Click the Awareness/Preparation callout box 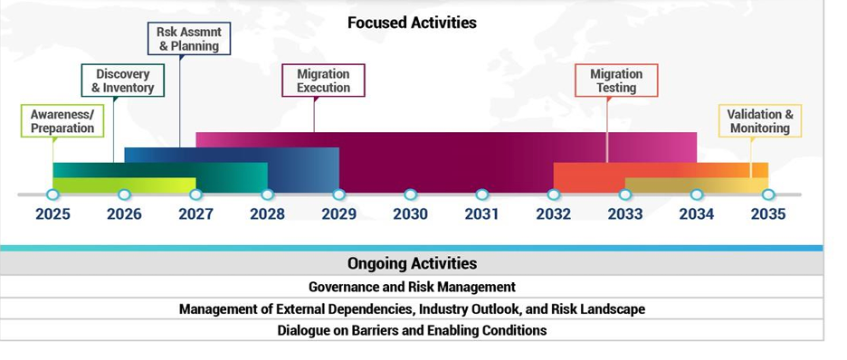(x=62, y=121)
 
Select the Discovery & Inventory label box (x=123, y=81)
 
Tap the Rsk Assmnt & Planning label (x=189, y=38)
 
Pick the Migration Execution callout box (x=324, y=81)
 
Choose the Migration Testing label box (x=616, y=81)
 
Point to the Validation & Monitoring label (x=760, y=121)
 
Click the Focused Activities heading (x=412, y=23)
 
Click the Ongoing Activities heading (x=412, y=263)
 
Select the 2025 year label (x=52, y=214)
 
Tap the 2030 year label (x=411, y=214)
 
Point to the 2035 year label (x=768, y=214)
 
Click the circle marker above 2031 (x=481, y=194)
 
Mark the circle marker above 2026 (x=124, y=194)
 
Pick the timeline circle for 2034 (x=697, y=194)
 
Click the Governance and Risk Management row (x=412, y=287)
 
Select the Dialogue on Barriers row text (x=412, y=330)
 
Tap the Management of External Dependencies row (x=412, y=309)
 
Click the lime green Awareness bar (x=124, y=185)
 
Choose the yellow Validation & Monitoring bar (x=697, y=185)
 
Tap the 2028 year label (x=267, y=214)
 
